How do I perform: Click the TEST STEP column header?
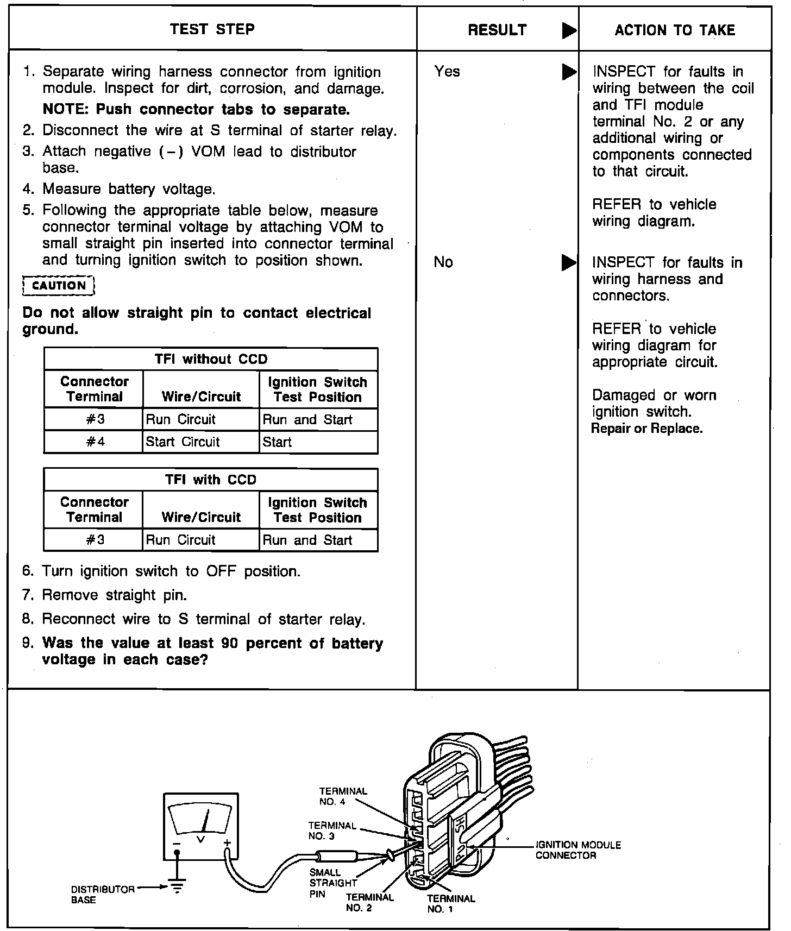(x=212, y=29)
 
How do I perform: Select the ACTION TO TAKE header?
(x=675, y=30)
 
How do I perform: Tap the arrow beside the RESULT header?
(x=569, y=31)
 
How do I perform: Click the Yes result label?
(x=447, y=72)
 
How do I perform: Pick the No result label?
(x=443, y=263)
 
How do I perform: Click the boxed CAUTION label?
(x=59, y=286)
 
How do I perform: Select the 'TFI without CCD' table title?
(x=211, y=359)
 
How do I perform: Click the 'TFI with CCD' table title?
(x=211, y=480)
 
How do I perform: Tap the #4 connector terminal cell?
(x=95, y=442)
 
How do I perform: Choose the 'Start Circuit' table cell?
(x=183, y=442)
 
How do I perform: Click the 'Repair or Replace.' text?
(x=646, y=429)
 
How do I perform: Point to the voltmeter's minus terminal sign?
(x=177, y=844)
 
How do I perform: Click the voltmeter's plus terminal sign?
(x=227, y=844)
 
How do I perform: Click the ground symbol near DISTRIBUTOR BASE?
(x=177, y=888)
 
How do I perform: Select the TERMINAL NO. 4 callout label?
(x=343, y=796)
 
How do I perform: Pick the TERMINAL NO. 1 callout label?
(x=451, y=904)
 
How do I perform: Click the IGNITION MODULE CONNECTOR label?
(x=578, y=850)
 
